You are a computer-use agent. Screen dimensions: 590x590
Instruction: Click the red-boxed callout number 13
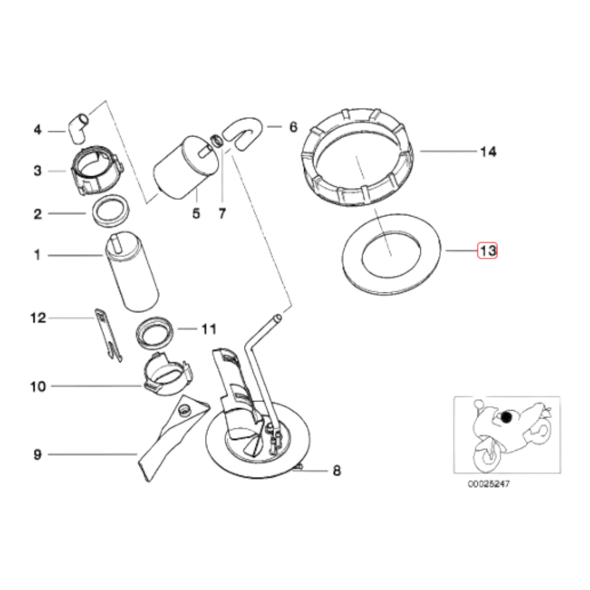pyautogui.click(x=488, y=250)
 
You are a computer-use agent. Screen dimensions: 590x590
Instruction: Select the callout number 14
pyautogui.click(x=488, y=152)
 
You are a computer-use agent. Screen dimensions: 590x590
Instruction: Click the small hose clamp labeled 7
pyautogui.click(x=217, y=141)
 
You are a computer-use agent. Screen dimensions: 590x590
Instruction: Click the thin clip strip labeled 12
pyautogui.click(x=108, y=335)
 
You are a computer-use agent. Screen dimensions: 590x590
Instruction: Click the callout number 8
pyautogui.click(x=336, y=471)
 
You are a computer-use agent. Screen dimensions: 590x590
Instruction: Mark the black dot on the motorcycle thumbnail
pyautogui.click(x=506, y=417)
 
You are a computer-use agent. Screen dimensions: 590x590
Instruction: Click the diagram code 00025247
pyautogui.click(x=488, y=484)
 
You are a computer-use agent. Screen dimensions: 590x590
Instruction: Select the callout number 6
pyautogui.click(x=293, y=127)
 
